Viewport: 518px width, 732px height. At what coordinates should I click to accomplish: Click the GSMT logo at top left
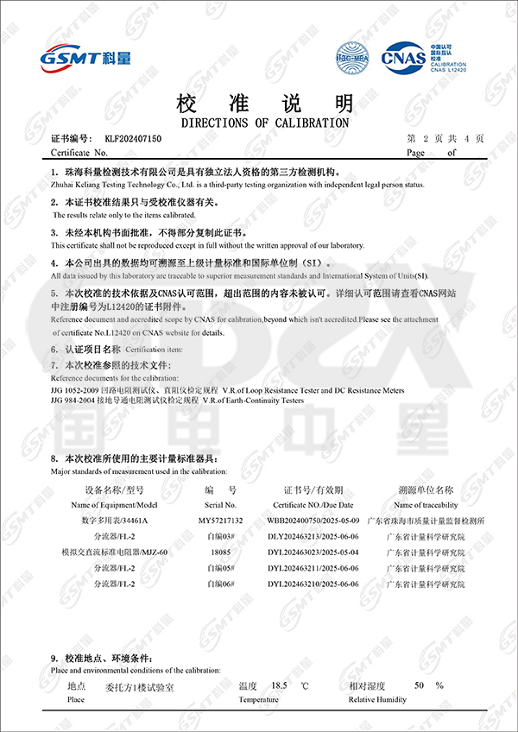click(x=85, y=57)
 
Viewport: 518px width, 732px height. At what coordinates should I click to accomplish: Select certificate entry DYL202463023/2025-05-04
click(x=311, y=552)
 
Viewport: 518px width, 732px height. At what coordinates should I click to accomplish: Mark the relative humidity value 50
click(x=419, y=685)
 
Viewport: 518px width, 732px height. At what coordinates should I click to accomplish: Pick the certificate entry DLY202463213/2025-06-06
click(x=311, y=536)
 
